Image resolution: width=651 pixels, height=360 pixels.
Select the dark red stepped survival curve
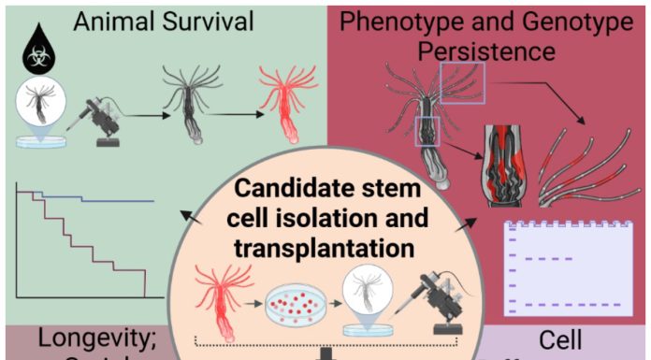click(94, 245)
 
